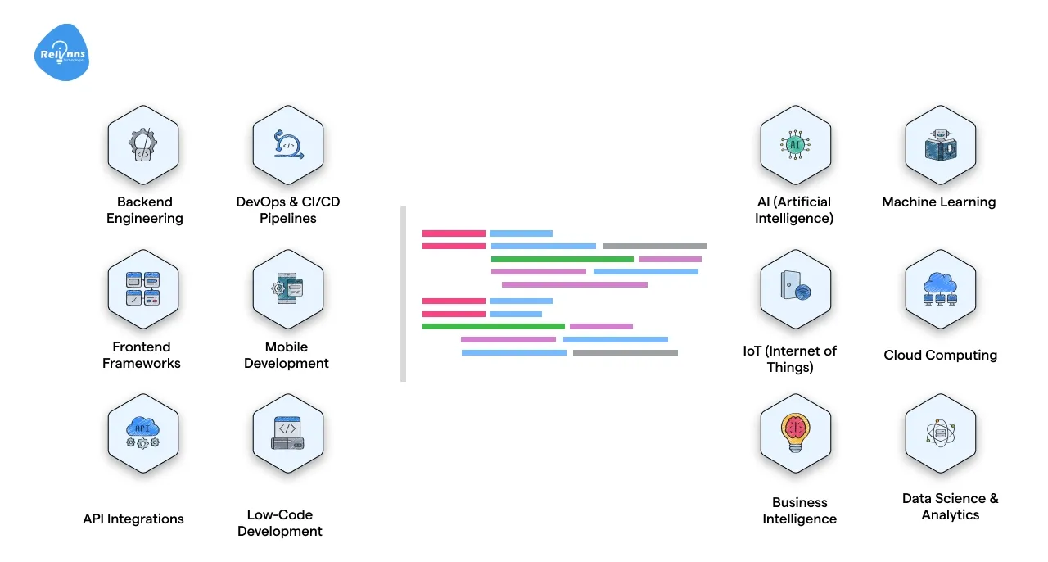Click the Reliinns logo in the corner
pos(62,53)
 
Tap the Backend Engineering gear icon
pos(142,145)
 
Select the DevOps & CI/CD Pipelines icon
pos(287,145)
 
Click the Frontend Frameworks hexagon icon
pos(142,289)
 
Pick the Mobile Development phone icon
pos(287,289)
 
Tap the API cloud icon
pos(142,433)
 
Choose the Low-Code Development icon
pos(287,433)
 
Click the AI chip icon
pos(795,145)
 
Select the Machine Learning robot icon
pos(940,145)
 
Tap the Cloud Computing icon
pos(940,289)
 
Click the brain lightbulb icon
pos(795,433)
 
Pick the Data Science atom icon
pos(940,433)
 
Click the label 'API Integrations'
pos(133,519)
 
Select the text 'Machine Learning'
pos(939,202)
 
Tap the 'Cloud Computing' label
pos(940,355)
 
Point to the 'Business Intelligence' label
pos(800,510)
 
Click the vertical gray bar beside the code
pos(403,294)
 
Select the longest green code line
pos(562,259)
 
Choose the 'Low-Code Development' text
pos(280,523)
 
